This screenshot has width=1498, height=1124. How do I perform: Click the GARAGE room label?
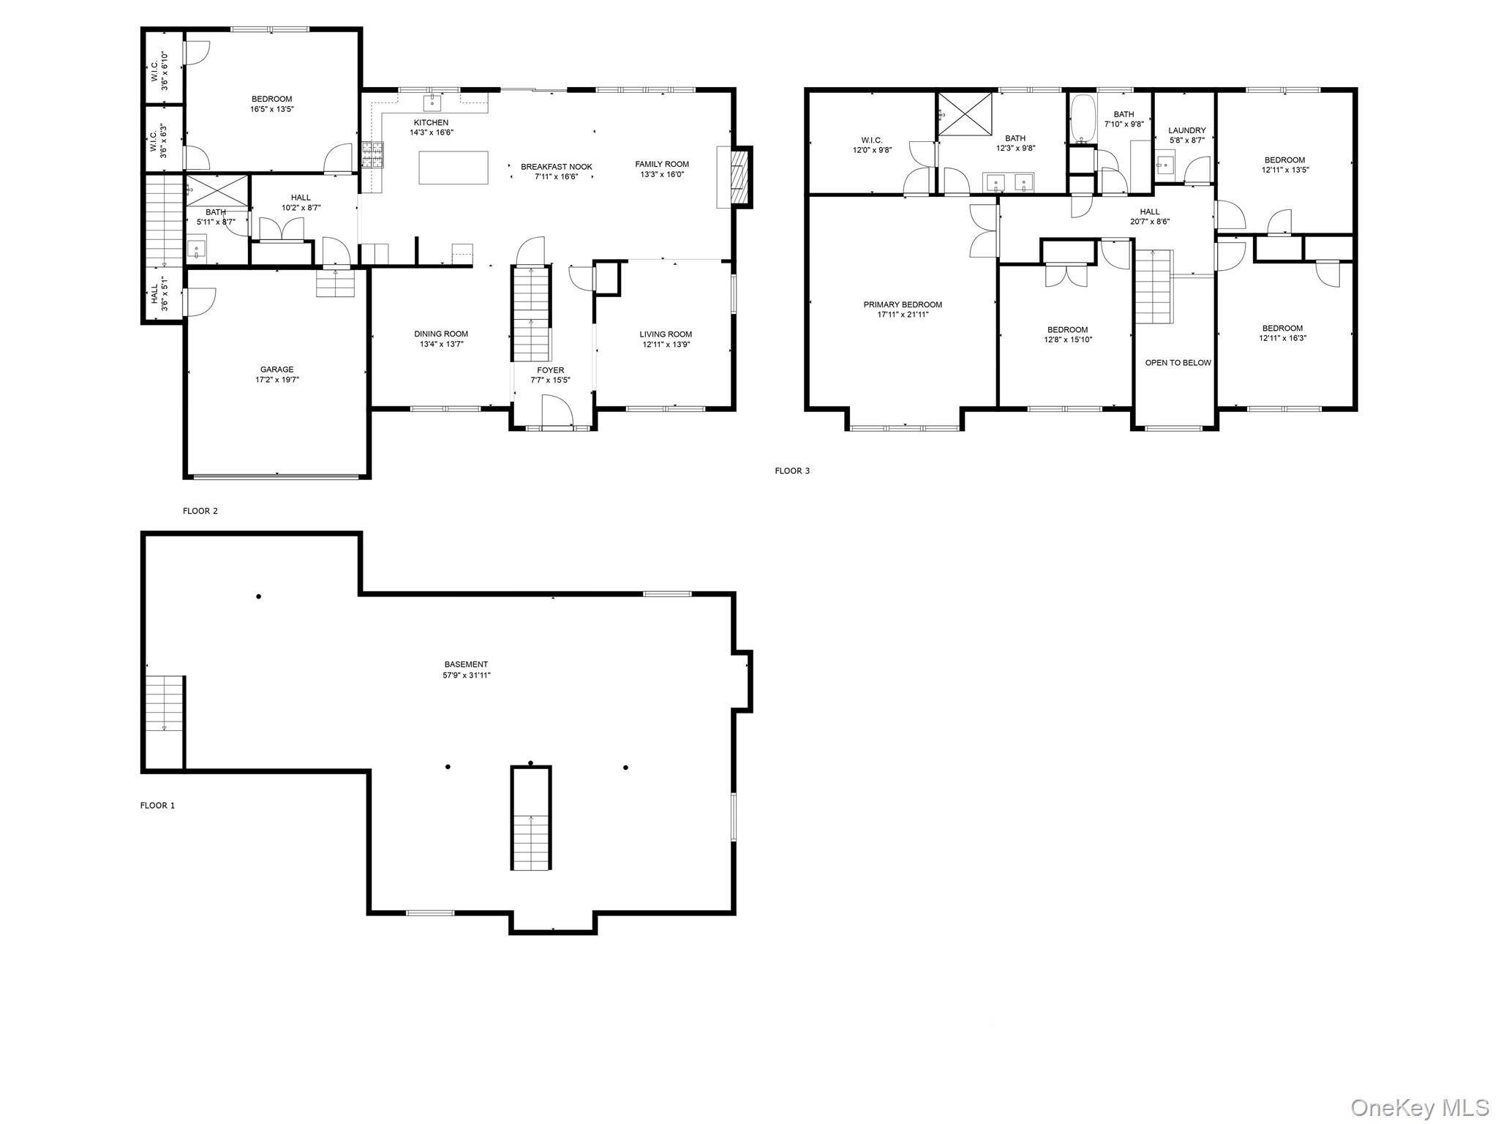pyautogui.click(x=276, y=370)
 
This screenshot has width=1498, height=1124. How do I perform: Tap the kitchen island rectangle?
pyautogui.click(x=453, y=168)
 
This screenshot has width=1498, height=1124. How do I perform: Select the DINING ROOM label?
pyautogui.click(x=441, y=334)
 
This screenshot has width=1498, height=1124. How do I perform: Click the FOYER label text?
pyautogui.click(x=550, y=370)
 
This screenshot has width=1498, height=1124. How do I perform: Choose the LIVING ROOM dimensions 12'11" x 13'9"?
pyautogui.click(x=666, y=345)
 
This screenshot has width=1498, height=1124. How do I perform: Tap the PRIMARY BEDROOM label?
pyautogui.click(x=903, y=304)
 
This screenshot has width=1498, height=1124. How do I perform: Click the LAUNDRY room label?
pyautogui.click(x=1186, y=130)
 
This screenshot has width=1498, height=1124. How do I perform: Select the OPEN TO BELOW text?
pyautogui.click(x=1178, y=363)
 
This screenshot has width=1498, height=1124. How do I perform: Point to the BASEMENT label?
pyautogui.click(x=466, y=664)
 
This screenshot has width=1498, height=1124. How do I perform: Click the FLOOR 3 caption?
pyautogui.click(x=792, y=471)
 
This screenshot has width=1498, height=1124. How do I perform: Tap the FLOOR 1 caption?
pyautogui.click(x=157, y=806)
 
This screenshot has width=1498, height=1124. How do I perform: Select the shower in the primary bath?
pyautogui.click(x=966, y=113)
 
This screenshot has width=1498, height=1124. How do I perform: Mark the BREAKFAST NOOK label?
pyautogui.click(x=556, y=167)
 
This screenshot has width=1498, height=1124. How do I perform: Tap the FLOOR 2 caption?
pyautogui.click(x=200, y=512)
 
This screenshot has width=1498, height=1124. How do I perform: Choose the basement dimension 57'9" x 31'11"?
pyautogui.click(x=466, y=675)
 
